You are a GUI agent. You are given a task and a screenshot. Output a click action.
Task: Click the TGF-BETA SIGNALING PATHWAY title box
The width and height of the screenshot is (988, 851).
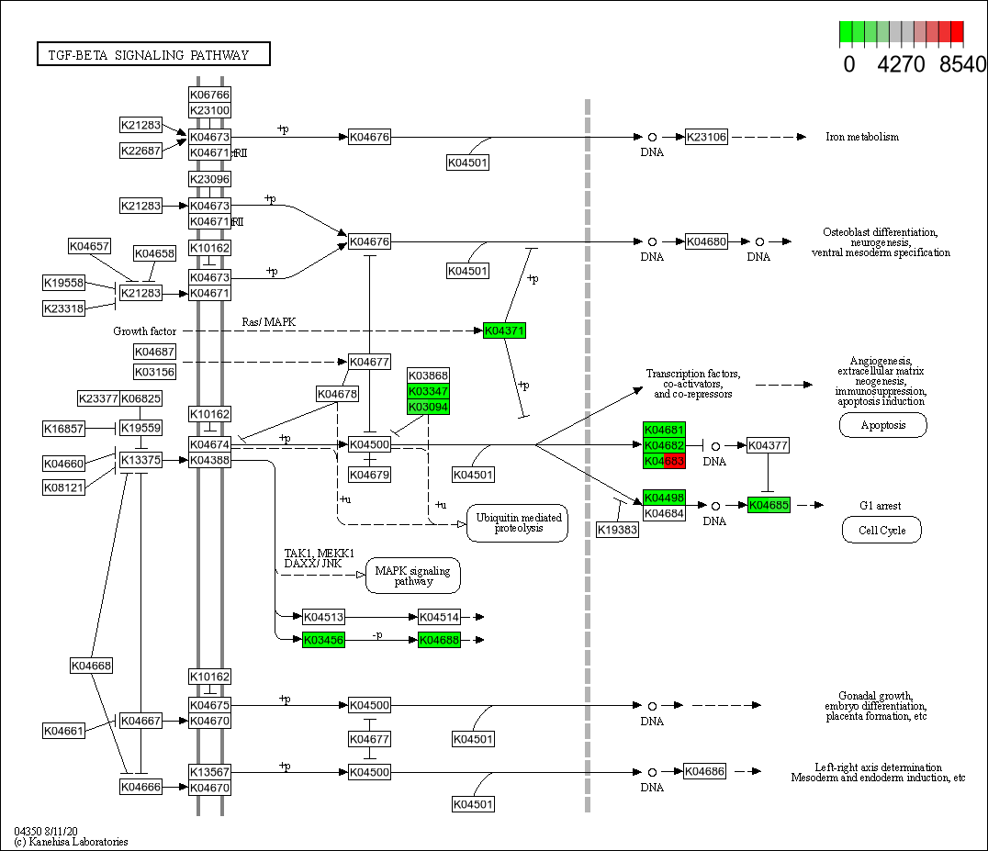154,55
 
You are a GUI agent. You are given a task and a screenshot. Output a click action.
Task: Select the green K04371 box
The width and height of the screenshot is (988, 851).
505,330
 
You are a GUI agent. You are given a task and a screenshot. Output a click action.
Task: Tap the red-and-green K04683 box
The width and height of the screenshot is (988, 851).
664,461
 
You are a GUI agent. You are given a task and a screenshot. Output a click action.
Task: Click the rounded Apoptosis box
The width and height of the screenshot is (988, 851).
882,425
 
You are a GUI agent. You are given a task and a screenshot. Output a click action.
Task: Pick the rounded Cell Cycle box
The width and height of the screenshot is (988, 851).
881,530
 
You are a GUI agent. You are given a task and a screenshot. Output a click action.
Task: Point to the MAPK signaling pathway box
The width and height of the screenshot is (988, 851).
413,576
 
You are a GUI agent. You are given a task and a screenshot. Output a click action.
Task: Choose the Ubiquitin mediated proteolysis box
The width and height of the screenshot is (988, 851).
517,522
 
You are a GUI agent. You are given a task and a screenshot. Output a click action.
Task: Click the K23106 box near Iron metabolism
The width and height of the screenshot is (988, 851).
706,137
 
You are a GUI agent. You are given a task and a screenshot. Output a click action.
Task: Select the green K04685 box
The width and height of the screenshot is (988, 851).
769,505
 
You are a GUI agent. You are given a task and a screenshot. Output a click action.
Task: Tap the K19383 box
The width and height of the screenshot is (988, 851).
617,530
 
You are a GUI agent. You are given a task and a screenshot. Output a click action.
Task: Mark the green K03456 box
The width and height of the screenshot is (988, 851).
323,640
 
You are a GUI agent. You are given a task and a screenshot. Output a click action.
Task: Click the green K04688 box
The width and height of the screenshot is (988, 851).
439,640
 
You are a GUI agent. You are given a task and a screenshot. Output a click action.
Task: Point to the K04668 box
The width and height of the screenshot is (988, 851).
91,665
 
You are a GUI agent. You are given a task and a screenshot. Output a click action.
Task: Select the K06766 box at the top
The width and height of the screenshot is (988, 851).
209,95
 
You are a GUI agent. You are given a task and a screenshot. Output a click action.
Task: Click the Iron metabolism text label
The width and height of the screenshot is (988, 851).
862,137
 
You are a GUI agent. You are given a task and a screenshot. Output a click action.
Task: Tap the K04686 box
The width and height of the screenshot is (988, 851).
705,772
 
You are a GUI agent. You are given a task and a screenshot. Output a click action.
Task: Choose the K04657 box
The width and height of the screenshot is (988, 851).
89,246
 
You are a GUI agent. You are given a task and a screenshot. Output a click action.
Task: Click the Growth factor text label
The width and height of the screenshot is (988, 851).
145,330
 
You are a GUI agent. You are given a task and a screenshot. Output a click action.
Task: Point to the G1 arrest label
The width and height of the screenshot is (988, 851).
880,505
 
